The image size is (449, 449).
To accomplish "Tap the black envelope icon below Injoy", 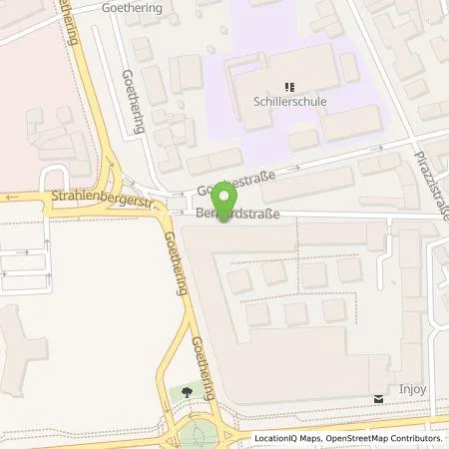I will [x=378, y=397].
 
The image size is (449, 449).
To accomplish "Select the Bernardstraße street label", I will [x=234, y=214].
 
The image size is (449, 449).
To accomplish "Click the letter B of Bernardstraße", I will [x=199, y=214].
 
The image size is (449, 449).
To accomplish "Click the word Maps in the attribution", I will [x=309, y=438].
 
